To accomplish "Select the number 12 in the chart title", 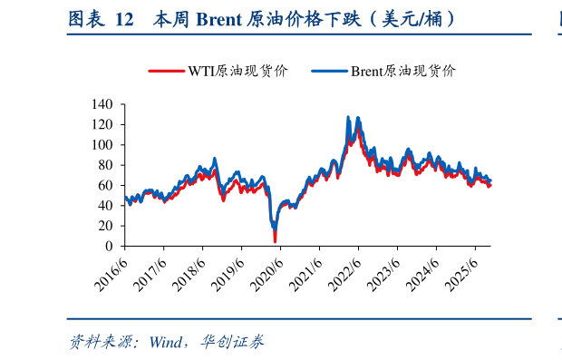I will click(125, 18).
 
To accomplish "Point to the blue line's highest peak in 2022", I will click(348, 117).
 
